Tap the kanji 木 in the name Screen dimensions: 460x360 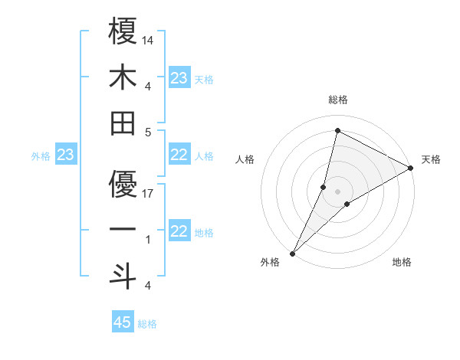(x=123, y=76)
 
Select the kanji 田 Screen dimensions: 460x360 (x=123, y=122)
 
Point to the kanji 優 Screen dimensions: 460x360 (x=123, y=184)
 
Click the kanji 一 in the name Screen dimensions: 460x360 (x=123, y=230)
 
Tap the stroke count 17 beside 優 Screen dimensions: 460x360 (x=149, y=193)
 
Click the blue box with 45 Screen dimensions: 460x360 (x=123, y=322)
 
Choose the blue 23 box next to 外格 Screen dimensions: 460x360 (x=66, y=155)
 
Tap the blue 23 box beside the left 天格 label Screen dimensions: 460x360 (x=179, y=78)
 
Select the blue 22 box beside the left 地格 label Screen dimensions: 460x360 (x=179, y=232)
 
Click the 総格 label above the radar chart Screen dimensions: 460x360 (x=337, y=100)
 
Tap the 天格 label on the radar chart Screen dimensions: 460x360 (x=431, y=160)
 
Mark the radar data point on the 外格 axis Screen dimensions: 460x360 (x=292, y=253)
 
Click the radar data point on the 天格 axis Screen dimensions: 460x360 (x=411, y=169)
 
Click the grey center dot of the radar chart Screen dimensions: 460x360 (x=337, y=191)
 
